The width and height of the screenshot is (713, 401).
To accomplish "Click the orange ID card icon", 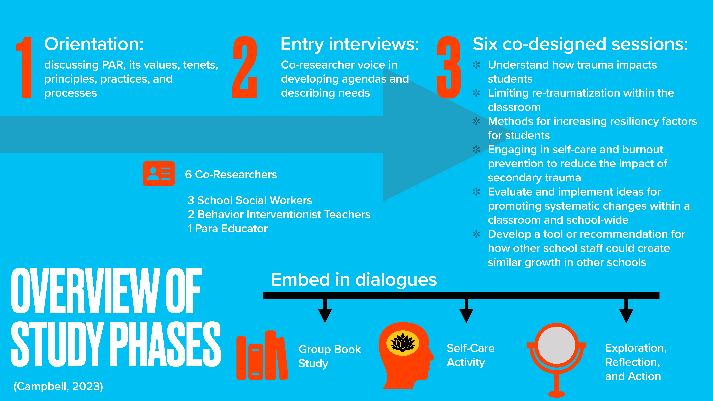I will click(159, 173).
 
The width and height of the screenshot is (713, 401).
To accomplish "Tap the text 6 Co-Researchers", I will click(231, 175).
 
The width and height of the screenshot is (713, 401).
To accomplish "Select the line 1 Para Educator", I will click(227, 229).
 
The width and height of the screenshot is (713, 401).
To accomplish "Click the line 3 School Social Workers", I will click(250, 200).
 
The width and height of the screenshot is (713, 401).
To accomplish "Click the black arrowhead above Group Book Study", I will click(325, 315).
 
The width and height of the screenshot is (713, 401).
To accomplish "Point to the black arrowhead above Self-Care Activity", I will click(466, 315).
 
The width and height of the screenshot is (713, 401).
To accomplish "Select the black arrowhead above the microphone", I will click(626, 315).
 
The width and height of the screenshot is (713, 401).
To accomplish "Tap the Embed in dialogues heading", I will click(354, 280).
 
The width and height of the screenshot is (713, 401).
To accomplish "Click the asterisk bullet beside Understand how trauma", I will click(476, 65).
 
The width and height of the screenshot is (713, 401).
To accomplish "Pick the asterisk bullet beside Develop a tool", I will click(476, 234).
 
